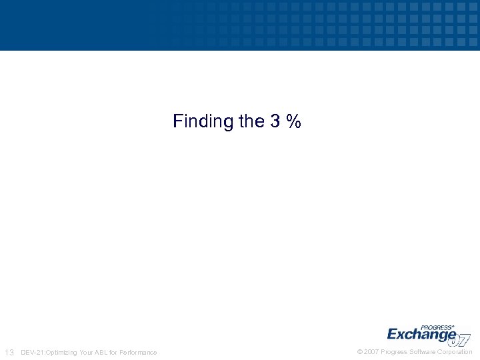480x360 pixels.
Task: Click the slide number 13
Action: [9, 352]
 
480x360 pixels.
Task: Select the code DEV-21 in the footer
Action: [31, 352]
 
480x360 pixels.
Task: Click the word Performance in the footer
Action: [139, 352]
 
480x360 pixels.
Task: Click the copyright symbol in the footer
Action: [360, 352]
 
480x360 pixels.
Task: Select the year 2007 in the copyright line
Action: [371, 352]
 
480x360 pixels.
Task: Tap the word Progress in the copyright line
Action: [394, 352]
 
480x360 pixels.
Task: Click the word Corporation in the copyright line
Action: [455, 352]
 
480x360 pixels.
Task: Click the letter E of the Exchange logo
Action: [393, 334]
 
